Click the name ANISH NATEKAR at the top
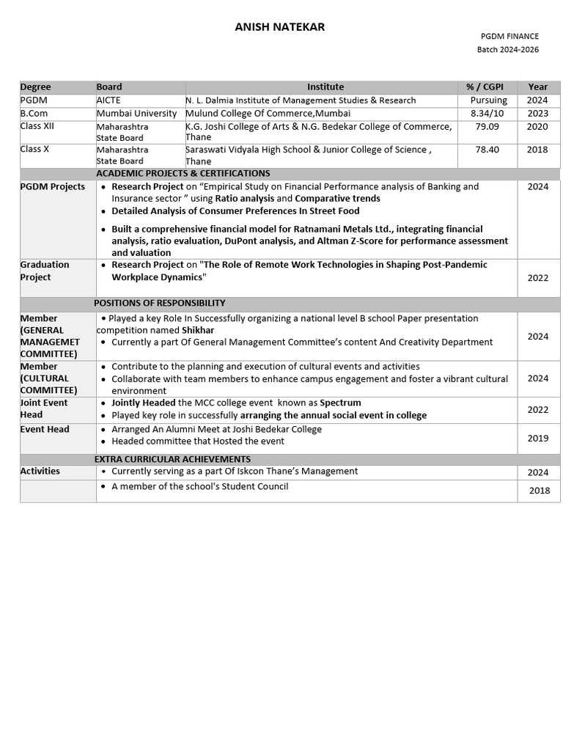[279, 27]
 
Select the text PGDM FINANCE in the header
[509, 36]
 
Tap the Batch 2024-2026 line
[508, 49]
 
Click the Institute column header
[325, 87]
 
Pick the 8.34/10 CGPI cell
[487, 114]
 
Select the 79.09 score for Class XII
[487, 126]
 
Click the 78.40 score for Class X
[487, 150]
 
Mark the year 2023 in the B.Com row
[537, 114]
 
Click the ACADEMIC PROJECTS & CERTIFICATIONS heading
[183, 173]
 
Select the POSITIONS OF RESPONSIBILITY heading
[159, 303]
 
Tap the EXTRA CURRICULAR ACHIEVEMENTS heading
[172, 459]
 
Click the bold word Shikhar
[198, 330]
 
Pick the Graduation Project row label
[45, 271]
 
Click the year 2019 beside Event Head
[537, 438]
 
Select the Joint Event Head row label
[43, 409]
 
